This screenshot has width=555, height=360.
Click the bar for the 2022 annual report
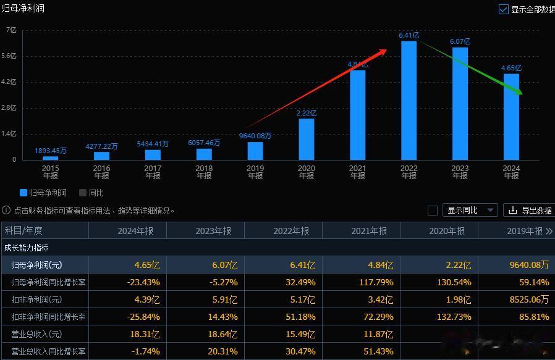coord(409,101)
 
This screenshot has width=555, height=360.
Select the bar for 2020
coord(306,140)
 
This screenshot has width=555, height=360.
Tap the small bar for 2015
coord(50,158)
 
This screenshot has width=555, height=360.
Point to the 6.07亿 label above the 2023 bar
coord(460,41)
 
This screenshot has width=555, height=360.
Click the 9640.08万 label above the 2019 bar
coord(255,136)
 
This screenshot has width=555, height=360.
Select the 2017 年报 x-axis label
coord(153,172)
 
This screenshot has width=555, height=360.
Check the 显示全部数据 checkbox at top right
coord(503,9)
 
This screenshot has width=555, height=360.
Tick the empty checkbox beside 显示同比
coord(433,211)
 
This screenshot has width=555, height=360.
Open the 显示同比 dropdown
coord(470,211)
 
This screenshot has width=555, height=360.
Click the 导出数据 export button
coord(530,211)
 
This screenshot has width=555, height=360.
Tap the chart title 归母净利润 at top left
coord(23,8)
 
